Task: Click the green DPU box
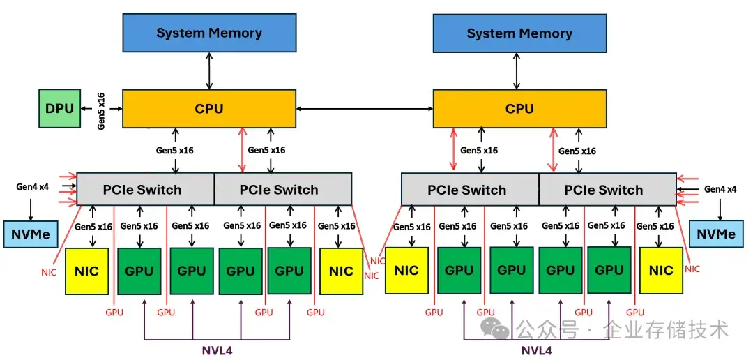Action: [60, 108]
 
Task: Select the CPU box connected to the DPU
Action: [209, 109]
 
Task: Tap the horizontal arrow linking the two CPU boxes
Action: [365, 109]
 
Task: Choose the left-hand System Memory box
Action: [209, 33]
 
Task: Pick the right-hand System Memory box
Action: [519, 33]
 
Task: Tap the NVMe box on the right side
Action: [716, 234]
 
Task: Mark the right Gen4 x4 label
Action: [720, 189]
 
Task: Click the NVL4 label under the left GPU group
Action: [217, 350]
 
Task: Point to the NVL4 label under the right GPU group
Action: [537, 350]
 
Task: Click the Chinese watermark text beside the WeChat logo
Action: [623, 330]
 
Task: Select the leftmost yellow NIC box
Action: [86, 271]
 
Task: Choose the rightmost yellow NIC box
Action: [661, 271]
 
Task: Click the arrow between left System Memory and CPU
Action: [209, 70]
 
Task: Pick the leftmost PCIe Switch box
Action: [146, 189]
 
